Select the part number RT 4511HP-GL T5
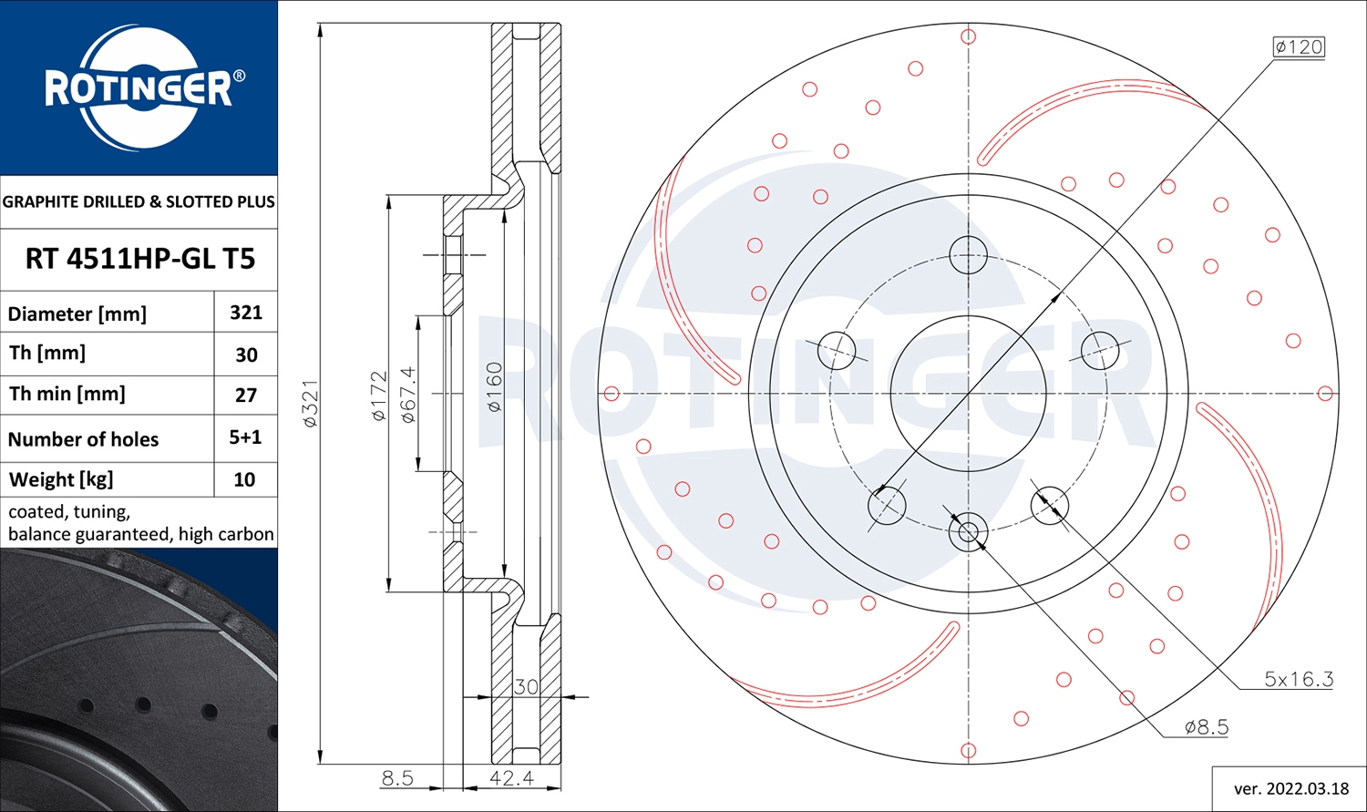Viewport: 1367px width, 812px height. point(139,259)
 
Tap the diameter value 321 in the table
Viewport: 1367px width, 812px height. point(246,313)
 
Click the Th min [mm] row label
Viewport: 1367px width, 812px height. point(67,395)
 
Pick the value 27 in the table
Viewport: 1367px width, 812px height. point(246,396)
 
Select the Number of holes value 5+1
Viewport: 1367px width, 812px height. point(245,437)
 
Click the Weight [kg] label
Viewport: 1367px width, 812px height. point(61,479)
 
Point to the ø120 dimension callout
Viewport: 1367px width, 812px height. point(1299,46)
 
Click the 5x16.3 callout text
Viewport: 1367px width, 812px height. point(1298,679)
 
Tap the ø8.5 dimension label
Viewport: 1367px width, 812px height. point(1206,727)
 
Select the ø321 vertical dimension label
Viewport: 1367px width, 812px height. point(310,404)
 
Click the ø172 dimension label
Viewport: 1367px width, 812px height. point(379,396)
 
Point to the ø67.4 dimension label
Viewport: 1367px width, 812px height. point(407,395)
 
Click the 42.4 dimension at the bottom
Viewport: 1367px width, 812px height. point(511,777)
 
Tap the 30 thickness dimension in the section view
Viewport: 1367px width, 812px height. point(526,686)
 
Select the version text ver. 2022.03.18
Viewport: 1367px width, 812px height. point(1290,788)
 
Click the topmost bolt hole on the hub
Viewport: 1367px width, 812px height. point(968,255)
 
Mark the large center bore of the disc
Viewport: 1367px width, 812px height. point(968,394)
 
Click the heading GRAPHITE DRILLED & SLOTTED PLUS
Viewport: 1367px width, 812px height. point(139,201)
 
